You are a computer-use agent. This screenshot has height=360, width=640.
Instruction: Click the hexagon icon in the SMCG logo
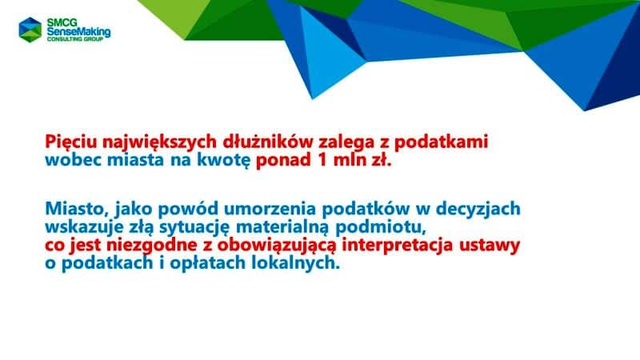[31, 28]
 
